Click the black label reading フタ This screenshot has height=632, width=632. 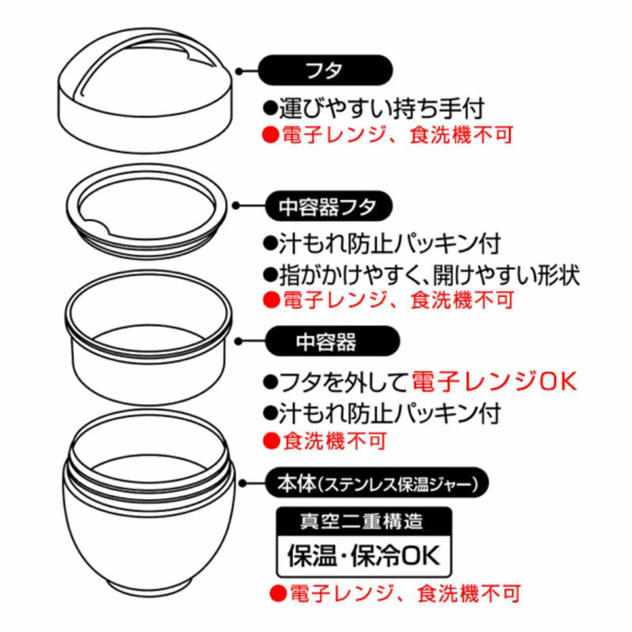click(325, 70)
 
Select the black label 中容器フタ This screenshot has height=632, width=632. click(328, 206)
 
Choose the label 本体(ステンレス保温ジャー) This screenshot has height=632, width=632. click(377, 483)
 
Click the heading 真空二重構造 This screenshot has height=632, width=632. click(363, 521)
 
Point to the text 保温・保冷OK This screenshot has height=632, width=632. click(363, 555)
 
